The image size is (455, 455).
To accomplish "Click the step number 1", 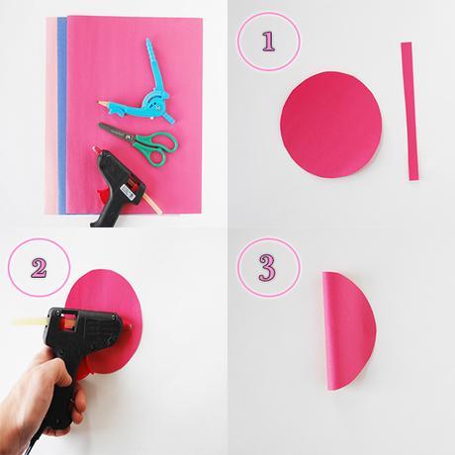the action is (268, 41).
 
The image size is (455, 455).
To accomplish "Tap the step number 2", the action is (39, 267).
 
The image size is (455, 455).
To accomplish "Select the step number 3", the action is (267, 267).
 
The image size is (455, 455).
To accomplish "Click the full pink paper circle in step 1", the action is (331, 126).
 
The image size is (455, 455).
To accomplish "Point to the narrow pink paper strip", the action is (409, 111).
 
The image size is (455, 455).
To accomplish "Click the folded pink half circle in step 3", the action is (349, 330).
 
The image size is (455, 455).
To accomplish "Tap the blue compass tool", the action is (142, 91).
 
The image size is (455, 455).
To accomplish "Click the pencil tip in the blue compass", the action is (100, 103).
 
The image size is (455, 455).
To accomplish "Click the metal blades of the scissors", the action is (116, 131).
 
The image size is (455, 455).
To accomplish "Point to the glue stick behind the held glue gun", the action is (30, 321).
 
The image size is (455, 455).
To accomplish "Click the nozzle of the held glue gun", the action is (128, 326).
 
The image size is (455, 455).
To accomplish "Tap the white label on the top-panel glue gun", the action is (127, 192).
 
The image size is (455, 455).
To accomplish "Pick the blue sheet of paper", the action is (62, 116).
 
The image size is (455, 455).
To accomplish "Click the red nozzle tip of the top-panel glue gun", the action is (96, 149).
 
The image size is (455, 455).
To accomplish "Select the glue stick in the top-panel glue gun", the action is (150, 201).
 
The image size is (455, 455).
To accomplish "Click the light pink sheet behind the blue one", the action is (51, 116).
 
